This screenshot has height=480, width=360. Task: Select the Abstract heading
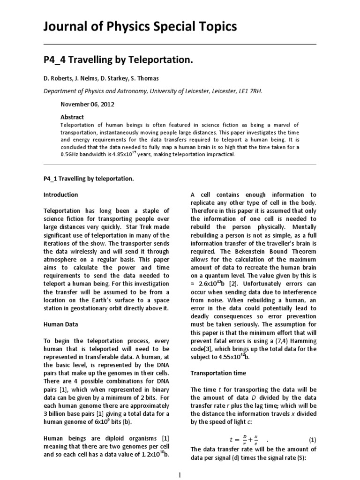pyautogui.click(x=72, y=117)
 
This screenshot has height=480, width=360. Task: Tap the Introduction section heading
pyautogui.click(x=60, y=195)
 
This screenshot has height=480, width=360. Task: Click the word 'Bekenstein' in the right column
pyautogui.click(x=259, y=251)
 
